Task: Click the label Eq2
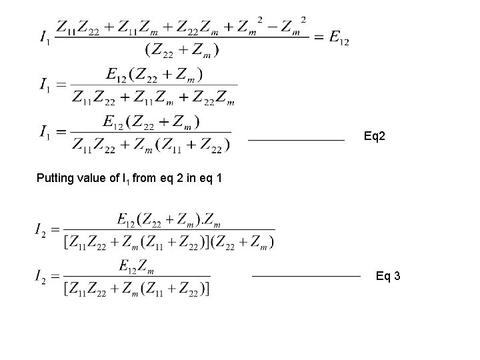tap(375, 137)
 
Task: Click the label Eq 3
tap(388, 275)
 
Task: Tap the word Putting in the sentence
tap(55, 178)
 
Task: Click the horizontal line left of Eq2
tap(296, 141)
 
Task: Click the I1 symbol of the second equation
tap(44, 85)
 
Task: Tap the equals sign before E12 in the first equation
tap(319, 37)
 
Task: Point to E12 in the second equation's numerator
tap(114, 73)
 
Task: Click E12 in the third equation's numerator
tap(114, 121)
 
